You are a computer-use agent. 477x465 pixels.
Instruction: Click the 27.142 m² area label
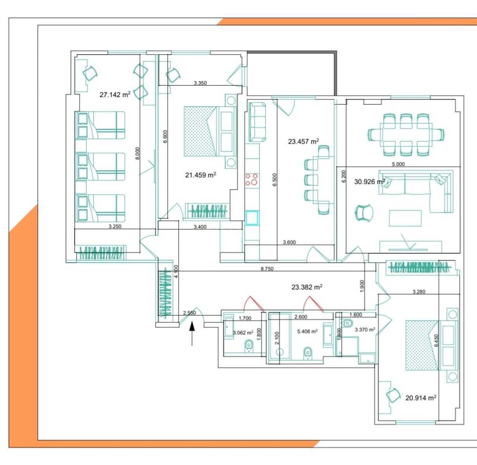pos(115,95)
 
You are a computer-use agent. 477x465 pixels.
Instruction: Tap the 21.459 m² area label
pos(200,175)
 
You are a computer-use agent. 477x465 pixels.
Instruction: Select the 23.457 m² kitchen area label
pos(303,141)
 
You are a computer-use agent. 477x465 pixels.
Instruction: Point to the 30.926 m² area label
pos(370,182)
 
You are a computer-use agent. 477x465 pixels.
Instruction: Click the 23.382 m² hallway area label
pos(307,287)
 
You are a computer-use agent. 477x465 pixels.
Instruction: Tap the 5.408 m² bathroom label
pos(308,332)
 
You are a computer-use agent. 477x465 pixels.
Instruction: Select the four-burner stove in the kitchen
pos(252,179)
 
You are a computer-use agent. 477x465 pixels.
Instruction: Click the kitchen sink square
pos(252,218)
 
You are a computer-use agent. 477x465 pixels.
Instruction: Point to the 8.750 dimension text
pos(267,269)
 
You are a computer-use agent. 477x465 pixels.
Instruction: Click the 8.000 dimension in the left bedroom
pos(138,153)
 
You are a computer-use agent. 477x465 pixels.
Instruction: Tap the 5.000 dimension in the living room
pos(398,164)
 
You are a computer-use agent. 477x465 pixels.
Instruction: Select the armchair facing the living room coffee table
pos(364,213)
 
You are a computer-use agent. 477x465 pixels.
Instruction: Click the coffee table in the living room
pos(405,218)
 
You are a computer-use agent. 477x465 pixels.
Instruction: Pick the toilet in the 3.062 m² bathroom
pos(249,346)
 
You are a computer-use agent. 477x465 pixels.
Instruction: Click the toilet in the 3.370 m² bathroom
pos(347,323)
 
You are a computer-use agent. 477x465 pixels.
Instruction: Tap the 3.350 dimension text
pos(200,83)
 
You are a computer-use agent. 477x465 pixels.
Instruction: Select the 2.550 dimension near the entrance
pos(190,313)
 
